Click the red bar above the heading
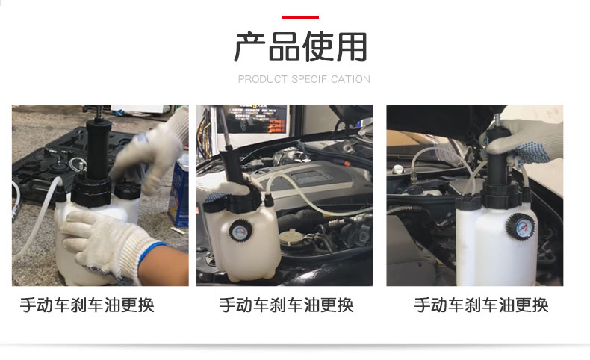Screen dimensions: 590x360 pos(300,17)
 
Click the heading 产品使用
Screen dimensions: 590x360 pos(300,46)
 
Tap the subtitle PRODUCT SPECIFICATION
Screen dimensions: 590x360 pos(304,79)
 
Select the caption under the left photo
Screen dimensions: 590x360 pos(87,305)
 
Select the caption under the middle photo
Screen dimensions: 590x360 pos(286,305)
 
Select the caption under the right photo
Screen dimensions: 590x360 pos(481,305)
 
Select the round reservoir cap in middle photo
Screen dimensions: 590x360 pos(290,237)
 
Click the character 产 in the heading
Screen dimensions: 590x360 pos(249,47)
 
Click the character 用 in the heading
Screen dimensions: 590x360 pos(352,47)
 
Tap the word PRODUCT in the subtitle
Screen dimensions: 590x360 pos(263,79)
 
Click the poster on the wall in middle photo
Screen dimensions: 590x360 pos(255,119)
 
